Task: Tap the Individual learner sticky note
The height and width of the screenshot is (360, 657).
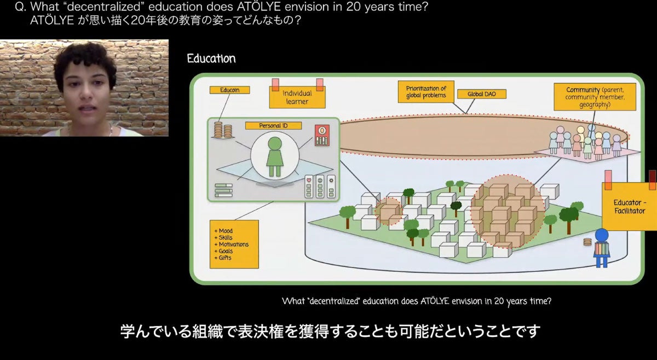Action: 296,97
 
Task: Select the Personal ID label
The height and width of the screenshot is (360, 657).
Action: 273,126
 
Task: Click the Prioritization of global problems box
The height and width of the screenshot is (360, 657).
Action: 426,92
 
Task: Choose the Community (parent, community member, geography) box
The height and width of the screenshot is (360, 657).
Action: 594,97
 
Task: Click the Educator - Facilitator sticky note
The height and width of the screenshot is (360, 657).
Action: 630,207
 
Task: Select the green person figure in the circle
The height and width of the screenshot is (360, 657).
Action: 274,156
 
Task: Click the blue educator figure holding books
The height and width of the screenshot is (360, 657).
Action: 601,248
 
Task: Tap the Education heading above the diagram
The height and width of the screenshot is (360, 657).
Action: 211,59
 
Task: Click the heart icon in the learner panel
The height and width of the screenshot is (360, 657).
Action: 309,179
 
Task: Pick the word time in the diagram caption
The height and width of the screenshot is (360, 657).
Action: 541,301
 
